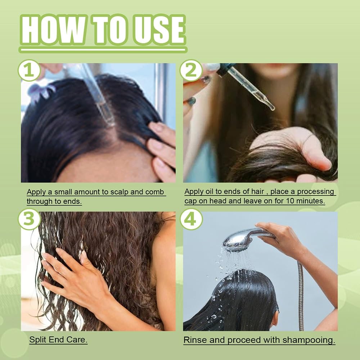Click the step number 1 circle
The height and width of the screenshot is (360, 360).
(x=29, y=71)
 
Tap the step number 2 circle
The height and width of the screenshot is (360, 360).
(x=191, y=71)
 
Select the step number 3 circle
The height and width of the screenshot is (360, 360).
(x=29, y=219)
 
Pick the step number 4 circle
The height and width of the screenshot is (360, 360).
(x=191, y=219)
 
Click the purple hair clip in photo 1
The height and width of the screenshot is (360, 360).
(x=41, y=92)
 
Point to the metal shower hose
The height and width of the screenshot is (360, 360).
(x=300, y=296)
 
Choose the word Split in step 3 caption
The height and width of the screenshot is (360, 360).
(x=38, y=339)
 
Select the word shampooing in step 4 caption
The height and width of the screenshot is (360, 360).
(x=309, y=341)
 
